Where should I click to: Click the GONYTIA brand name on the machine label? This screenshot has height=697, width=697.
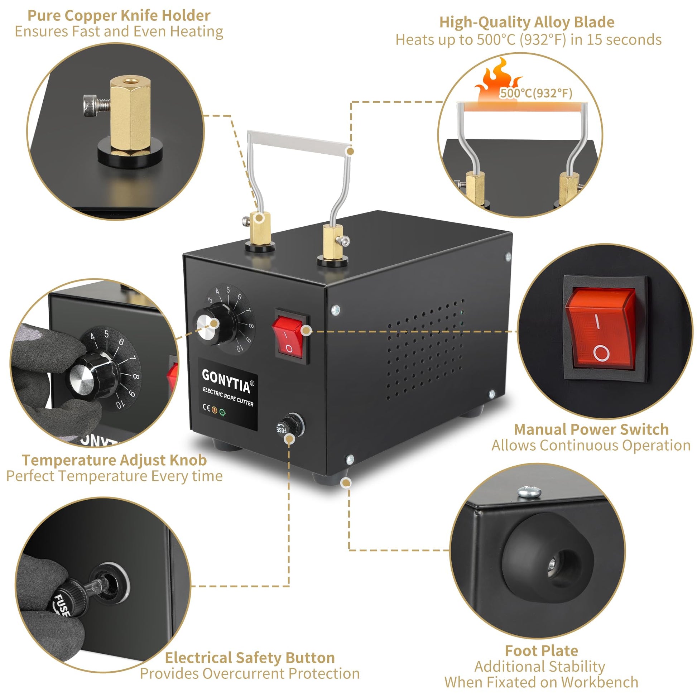pyautogui.click(x=226, y=381)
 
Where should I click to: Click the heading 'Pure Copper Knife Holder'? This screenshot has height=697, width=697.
pyautogui.click(x=119, y=15)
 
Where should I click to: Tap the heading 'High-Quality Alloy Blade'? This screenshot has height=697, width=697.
pyautogui.click(x=527, y=22)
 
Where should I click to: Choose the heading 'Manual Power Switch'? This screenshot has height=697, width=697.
pyautogui.click(x=591, y=429)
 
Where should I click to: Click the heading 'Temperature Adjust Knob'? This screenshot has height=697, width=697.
pyautogui.click(x=114, y=460)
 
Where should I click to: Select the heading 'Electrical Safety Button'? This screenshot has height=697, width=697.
pyautogui.click(x=250, y=658)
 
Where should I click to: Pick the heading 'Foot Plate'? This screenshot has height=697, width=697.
pyautogui.click(x=542, y=651)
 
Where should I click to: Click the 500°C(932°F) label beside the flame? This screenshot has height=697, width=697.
pyautogui.click(x=536, y=93)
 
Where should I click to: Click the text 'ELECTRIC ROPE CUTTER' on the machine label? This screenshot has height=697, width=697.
pyautogui.click(x=228, y=397)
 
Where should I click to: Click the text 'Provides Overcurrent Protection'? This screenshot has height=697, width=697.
pyautogui.click(x=250, y=674)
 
